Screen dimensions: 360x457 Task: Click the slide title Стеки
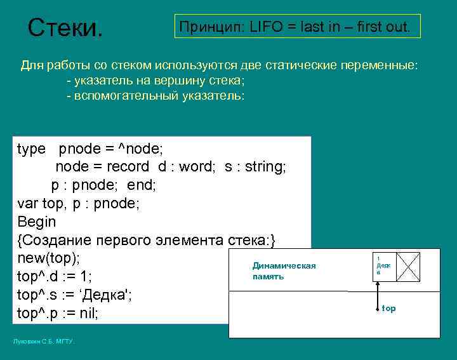coord(65,27)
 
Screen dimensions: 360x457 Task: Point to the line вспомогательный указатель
coord(155,95)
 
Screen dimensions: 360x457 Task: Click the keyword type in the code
coord(31,149)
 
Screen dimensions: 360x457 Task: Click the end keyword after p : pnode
coord(142,185)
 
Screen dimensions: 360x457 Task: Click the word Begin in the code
coord(37,222)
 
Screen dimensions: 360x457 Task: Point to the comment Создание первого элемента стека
coord(147,241)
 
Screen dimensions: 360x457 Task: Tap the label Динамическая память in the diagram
coord(284,271)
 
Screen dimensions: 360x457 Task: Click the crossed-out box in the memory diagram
coord(408,267)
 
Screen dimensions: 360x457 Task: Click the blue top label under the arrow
coord(388,309)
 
